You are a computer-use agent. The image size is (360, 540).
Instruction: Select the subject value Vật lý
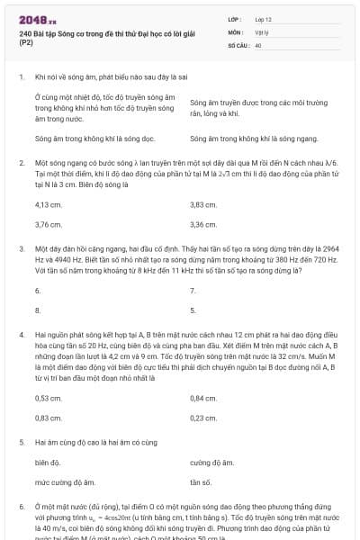[262, 31]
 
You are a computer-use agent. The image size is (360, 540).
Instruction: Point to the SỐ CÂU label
[238, 44]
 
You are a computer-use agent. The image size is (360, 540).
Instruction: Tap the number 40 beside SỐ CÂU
[258, 44]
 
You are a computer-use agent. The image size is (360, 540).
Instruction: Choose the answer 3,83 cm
[203, 205]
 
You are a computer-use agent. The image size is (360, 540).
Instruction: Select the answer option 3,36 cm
[203, 224]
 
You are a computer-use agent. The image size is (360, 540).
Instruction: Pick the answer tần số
[202, 481]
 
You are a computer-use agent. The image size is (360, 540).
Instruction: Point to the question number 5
[21, 443]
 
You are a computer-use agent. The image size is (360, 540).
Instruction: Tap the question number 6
[21, 508]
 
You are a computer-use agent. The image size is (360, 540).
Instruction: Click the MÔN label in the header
[235, 31]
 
